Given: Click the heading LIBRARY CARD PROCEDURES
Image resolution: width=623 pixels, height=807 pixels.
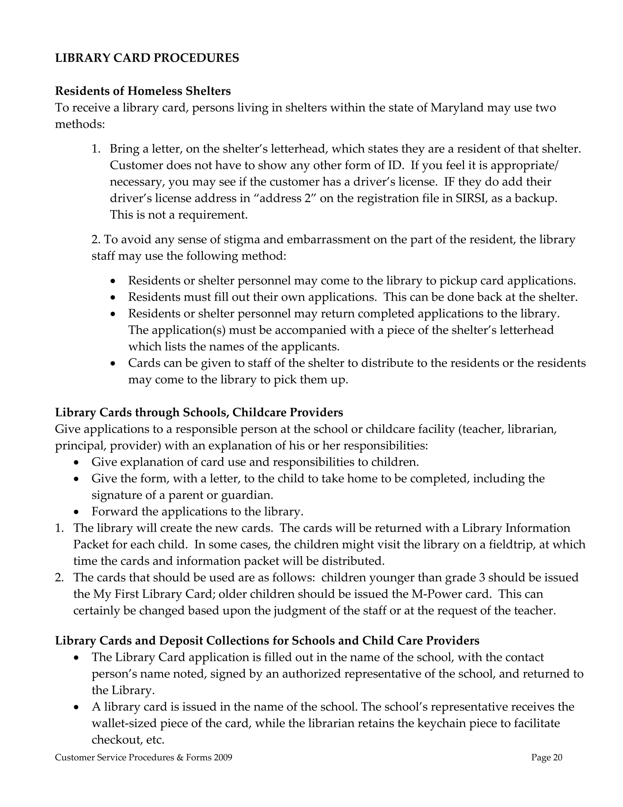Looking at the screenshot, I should pos(147,58).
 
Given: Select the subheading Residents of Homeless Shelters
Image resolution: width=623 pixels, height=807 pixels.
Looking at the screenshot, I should pos(143,90).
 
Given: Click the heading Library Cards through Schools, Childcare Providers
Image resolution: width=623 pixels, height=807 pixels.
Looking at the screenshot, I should pos(199,412).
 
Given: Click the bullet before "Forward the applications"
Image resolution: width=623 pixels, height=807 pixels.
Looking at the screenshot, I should pos(76,512).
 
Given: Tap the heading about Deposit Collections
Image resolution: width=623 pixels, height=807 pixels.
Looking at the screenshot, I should pos(267,640).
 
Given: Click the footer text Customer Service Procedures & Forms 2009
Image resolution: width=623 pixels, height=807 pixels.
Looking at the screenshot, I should pos(144,757).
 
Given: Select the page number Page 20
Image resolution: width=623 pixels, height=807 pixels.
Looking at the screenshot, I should pos(547,757).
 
